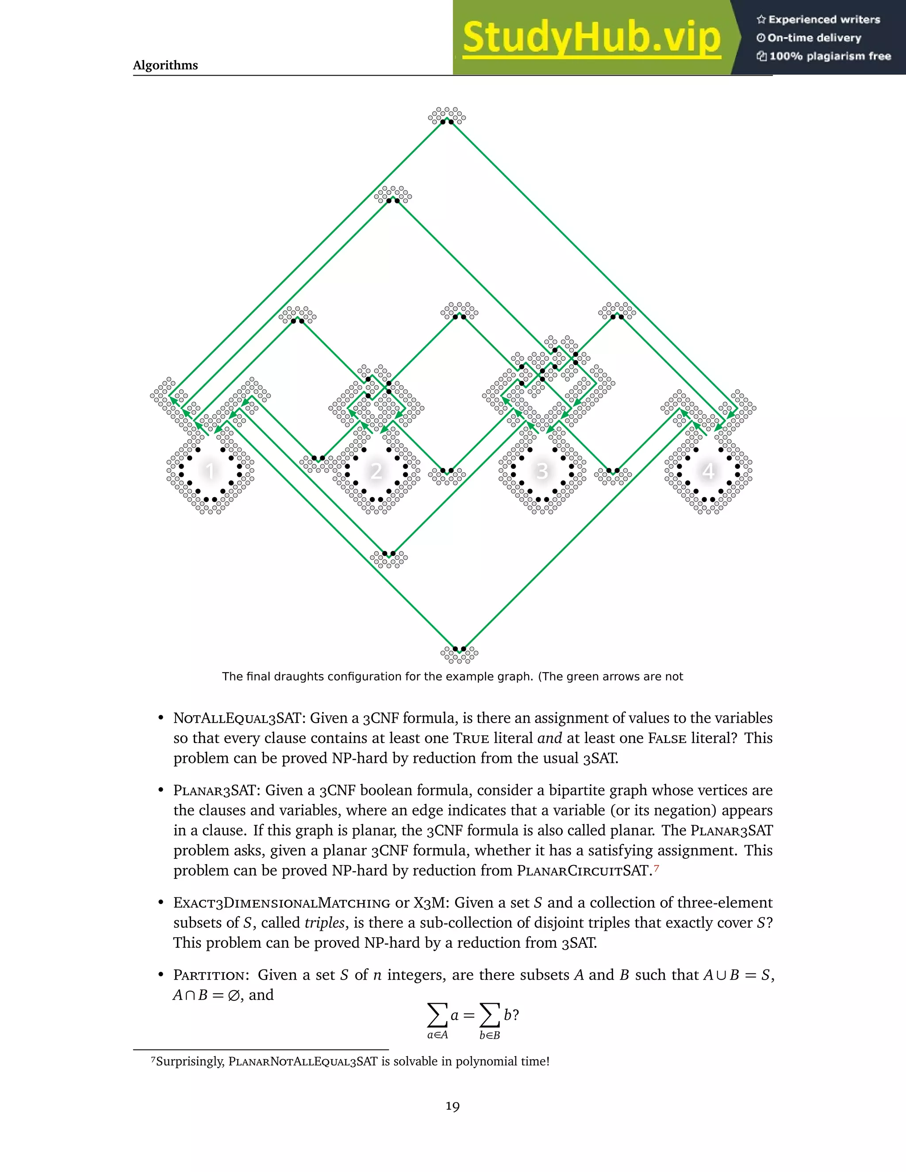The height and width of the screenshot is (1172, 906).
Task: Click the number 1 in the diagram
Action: coord(210,471)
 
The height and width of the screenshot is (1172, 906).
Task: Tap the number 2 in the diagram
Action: coord(376,471)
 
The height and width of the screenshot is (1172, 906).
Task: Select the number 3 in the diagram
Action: coord(542,471)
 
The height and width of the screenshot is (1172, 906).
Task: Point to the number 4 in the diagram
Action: coord(709,471)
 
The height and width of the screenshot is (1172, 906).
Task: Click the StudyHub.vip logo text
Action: coord(591,38)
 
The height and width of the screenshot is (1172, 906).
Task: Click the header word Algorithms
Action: coord(165,65)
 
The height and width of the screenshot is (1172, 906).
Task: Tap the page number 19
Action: coord(453,1106)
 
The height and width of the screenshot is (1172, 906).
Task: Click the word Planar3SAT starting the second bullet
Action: coord(214,790)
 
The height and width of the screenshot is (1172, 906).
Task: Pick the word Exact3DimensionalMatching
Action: coord(281,903)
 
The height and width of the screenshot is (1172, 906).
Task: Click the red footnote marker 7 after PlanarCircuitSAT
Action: coord(656,867)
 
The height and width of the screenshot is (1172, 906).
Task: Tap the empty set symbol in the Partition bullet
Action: coord(233,996)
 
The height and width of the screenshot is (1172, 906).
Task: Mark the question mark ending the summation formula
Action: coord(515,1015)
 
